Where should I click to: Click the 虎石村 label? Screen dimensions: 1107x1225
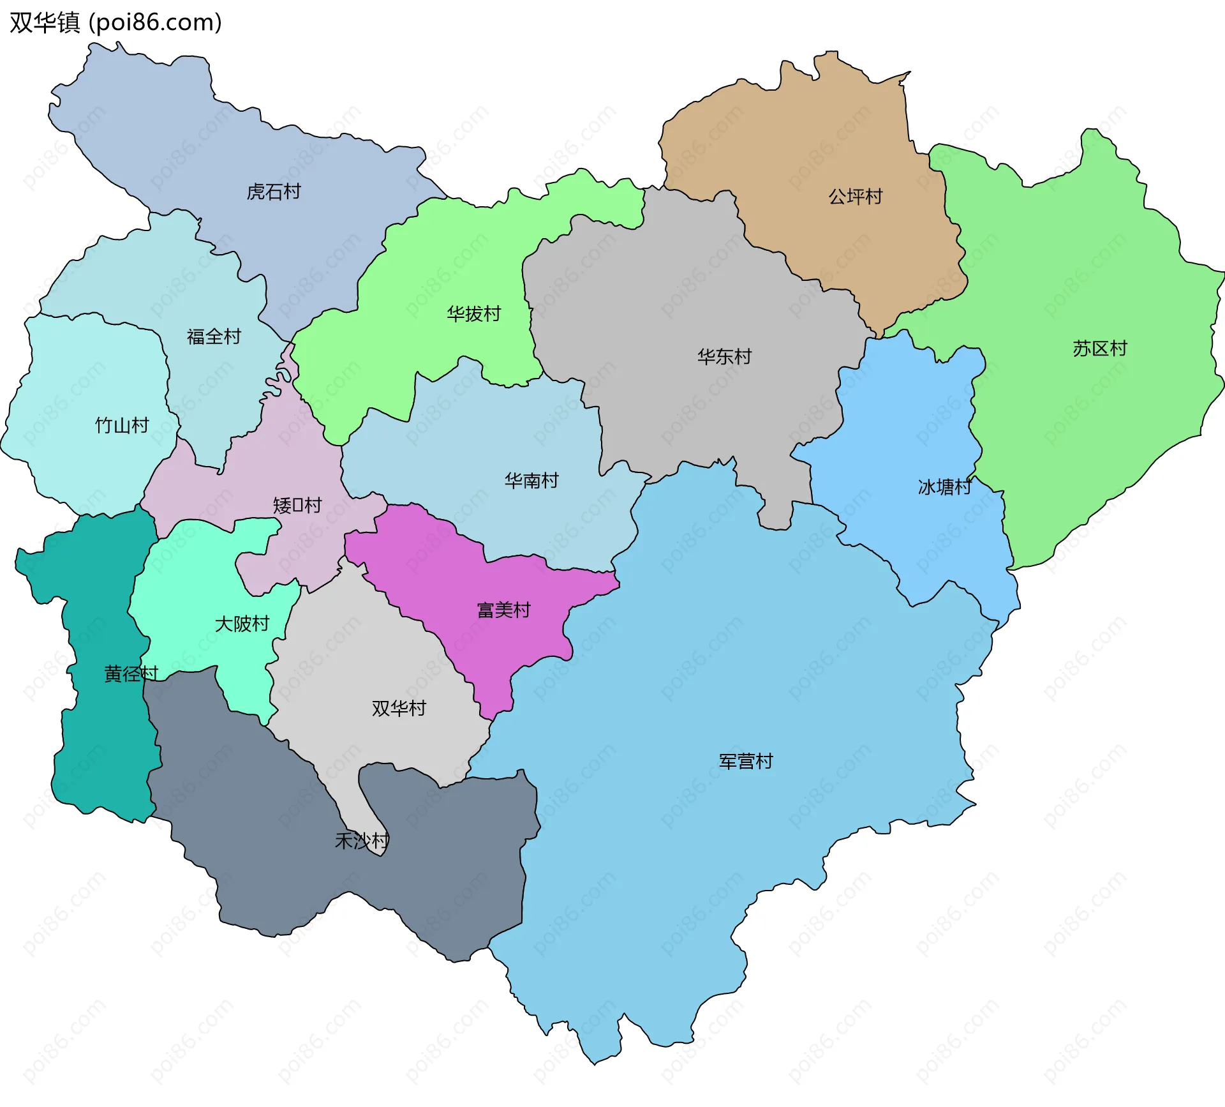tap(274, 192)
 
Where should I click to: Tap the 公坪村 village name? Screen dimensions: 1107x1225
tap(855, 196)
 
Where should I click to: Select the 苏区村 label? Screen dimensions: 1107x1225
tap(1099, 349)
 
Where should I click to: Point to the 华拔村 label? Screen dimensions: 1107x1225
tap(473, 313)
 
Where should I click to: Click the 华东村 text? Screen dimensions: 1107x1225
tap(724, 356)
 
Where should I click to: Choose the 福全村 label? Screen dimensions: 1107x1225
tap(214, 336)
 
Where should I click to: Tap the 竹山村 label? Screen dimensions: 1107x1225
tap(122, 425)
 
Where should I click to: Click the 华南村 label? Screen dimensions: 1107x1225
tap(531, 480)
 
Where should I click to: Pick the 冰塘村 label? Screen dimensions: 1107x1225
tap(944, 487)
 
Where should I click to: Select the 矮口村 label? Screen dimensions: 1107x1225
tap(297, 506)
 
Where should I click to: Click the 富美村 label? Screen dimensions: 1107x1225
tap(504, 610)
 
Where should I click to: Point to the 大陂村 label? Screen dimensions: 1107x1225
tap(242, 624)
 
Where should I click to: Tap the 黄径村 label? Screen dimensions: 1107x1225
tap(131, 674)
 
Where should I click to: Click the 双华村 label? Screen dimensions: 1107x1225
tap(399, 708)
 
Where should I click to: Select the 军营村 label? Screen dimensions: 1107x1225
tap(745, 761)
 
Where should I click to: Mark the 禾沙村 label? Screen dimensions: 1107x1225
tap(362, 841)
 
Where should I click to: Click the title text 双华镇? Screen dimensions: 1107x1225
tap(45, 22)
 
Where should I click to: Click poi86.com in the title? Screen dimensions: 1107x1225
tap(155, 22)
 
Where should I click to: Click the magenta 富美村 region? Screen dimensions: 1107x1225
tap(447, 575)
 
